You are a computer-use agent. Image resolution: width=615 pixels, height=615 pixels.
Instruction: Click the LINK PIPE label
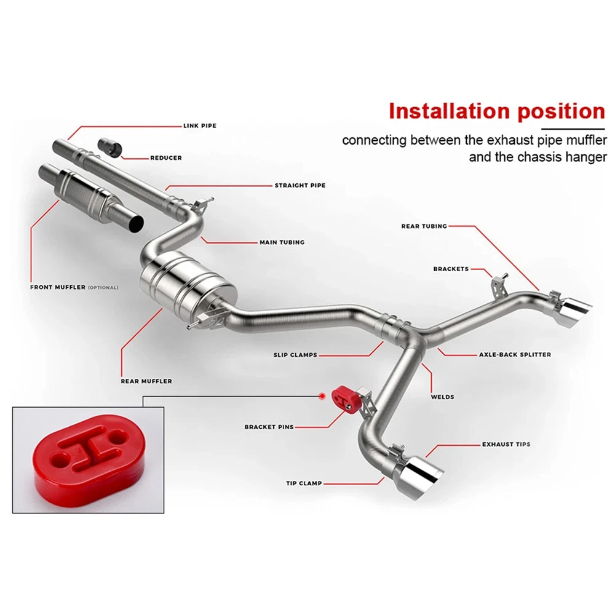tap(200, 126)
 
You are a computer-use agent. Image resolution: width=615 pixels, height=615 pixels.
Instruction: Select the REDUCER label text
tap(166, 158)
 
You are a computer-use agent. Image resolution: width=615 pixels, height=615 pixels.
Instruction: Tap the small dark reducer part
tap(110, 147)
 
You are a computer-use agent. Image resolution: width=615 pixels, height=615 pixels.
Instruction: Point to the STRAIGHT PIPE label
tap(300, 186)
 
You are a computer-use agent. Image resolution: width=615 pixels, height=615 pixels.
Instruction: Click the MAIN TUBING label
tap(282, 242)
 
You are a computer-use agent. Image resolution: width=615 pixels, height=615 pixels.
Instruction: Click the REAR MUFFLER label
tap(146, 381)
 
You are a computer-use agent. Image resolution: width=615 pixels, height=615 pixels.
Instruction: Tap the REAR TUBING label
tap(424, 226)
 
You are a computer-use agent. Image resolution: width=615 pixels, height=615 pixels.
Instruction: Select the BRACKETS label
tap(451, 269)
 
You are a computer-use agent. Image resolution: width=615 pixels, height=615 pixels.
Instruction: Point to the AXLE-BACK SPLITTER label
tap(515, 355)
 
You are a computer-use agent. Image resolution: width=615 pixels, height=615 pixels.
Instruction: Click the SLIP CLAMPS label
tap(295, 355)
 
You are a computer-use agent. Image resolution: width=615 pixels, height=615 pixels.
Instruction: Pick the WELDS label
tap(442, 397)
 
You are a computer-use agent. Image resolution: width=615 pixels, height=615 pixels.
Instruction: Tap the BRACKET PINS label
tap(269, 427)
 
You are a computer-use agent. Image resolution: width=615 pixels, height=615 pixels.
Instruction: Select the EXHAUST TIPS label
tap(506, 445)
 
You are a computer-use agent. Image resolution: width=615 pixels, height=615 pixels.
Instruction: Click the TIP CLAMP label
tap(304, 483)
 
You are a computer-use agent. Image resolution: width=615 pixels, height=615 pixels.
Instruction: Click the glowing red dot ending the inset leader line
tap(322, 397)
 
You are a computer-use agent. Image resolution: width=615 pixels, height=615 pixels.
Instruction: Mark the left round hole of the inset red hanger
tap(59, 458)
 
